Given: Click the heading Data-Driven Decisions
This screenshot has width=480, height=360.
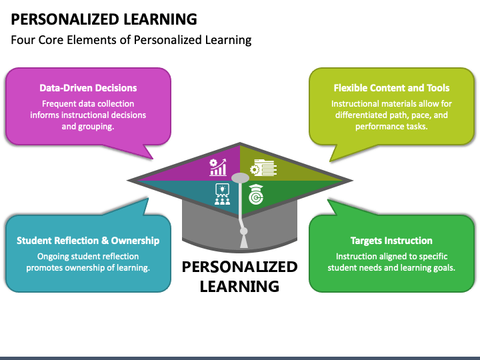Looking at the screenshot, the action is [88, 88].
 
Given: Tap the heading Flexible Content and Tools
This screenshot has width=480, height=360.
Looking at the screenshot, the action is [391, 88].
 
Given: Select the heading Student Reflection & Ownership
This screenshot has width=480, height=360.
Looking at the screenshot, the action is [88, 241].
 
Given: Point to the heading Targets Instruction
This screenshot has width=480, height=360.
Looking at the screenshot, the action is [391, 241].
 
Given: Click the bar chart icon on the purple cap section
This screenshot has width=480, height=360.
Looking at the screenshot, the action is [218, 167].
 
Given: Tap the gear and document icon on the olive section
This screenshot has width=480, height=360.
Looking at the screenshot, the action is [263, 168].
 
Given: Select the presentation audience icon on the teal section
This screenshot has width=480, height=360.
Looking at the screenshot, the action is [222, 195].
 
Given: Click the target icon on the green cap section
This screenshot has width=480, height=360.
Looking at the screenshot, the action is [256, 195].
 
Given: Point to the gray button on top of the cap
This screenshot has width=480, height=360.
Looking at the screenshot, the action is [240, 178].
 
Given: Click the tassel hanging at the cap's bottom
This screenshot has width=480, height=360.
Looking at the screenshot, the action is [244, 238].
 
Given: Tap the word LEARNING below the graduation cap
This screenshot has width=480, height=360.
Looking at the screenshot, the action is [239, 286].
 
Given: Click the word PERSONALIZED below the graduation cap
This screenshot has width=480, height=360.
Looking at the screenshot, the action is [240, 267].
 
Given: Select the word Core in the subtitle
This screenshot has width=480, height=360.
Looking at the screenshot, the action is [51, 40].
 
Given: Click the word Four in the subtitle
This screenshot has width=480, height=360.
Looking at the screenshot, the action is [23, 40].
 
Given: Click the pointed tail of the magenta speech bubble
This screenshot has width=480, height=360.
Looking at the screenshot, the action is [152, 158].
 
